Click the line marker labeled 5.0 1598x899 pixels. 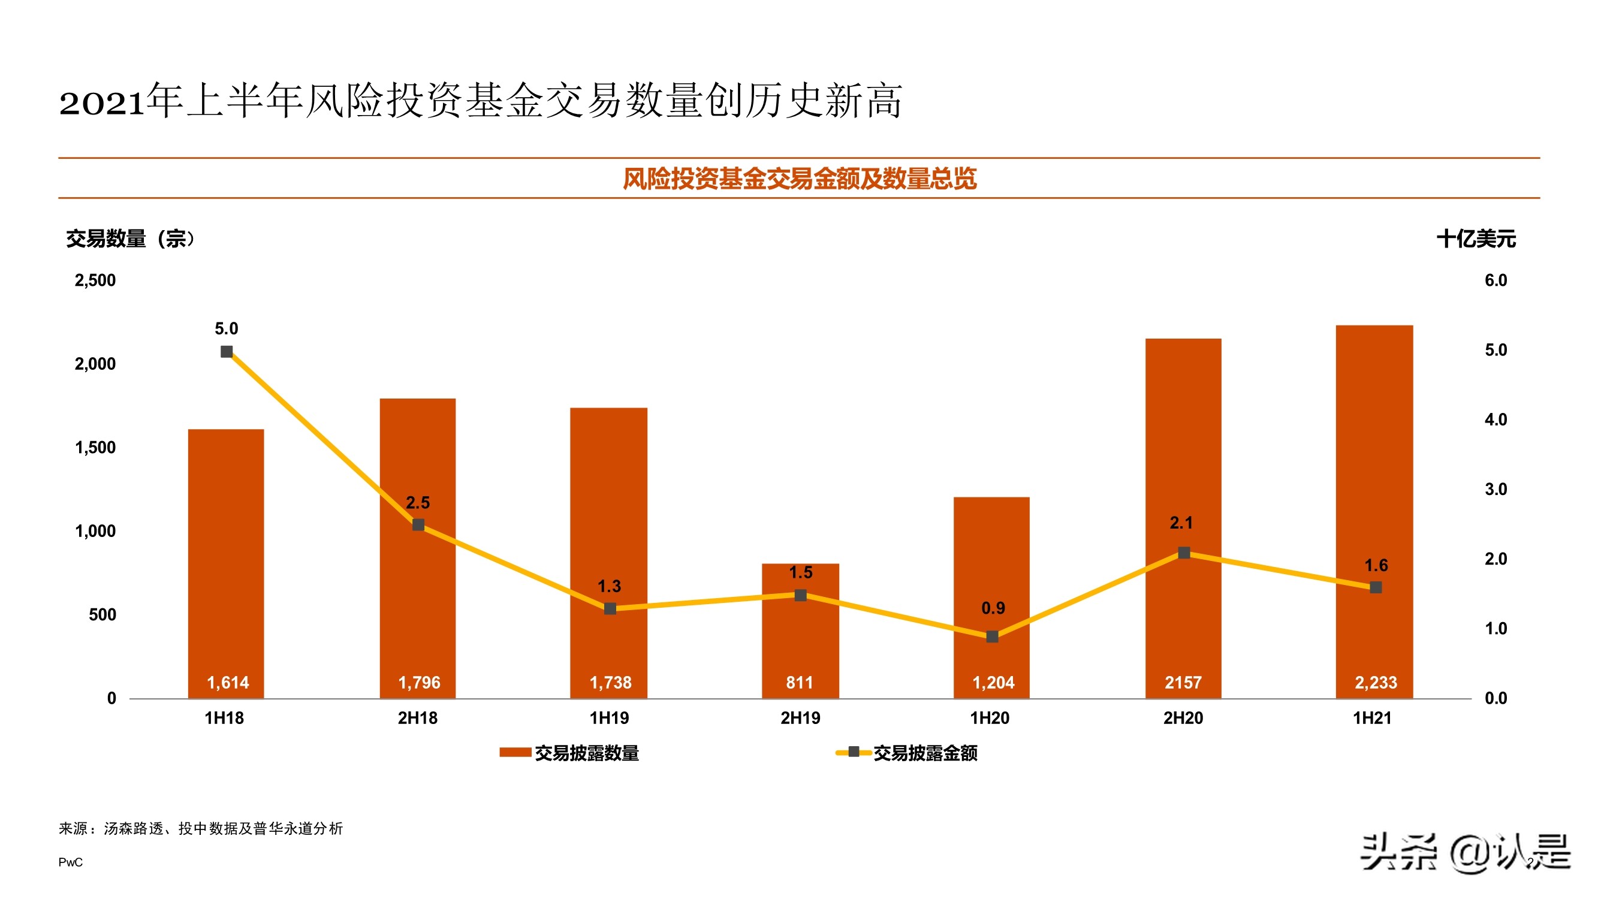coord(227,352)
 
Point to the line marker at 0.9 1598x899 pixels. coord(992,636)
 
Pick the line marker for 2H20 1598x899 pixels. coord(1184,553)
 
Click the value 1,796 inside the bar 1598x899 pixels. coord(419,683)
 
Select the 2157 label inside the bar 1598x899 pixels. coord(1183,683)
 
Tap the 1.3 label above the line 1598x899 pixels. coord(609,586)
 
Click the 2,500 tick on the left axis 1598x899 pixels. coord(95,280)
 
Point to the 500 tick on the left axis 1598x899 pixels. coord(102,615)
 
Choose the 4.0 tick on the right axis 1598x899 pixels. coord(1496,420)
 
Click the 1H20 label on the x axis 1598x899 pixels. coord(990,718)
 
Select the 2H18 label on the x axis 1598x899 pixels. coord(418,718)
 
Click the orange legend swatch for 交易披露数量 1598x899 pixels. coord(515,753)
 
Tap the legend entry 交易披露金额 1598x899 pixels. coord(925,753)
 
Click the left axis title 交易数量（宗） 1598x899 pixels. coord(130,239)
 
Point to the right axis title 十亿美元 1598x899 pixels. coord(1476,239)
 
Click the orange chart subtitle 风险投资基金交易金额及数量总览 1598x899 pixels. coord(799,179)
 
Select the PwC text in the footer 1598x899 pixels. coord(70,862)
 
